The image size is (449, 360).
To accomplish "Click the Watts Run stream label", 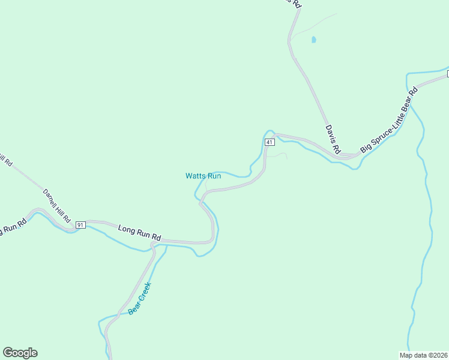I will pos(203,176).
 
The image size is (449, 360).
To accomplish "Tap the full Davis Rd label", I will pos(333,139).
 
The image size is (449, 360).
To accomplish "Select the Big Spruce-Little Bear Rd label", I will pos(389,121).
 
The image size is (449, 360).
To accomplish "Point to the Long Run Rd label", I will pos(139,233).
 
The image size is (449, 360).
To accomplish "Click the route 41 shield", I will pos(269,142).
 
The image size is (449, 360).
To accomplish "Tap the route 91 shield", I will pos(81,224).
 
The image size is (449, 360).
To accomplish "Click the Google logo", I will pos(20,353).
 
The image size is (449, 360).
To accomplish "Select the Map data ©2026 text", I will pos(424,355).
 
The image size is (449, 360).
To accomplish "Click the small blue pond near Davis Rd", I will pos(313,40).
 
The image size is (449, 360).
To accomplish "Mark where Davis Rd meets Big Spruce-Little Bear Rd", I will pos(345,156).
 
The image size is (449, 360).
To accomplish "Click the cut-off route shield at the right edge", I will pos(447,74).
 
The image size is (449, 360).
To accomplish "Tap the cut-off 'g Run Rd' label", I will pos(13,227).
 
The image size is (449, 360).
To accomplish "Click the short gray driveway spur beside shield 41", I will pos(279,155).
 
